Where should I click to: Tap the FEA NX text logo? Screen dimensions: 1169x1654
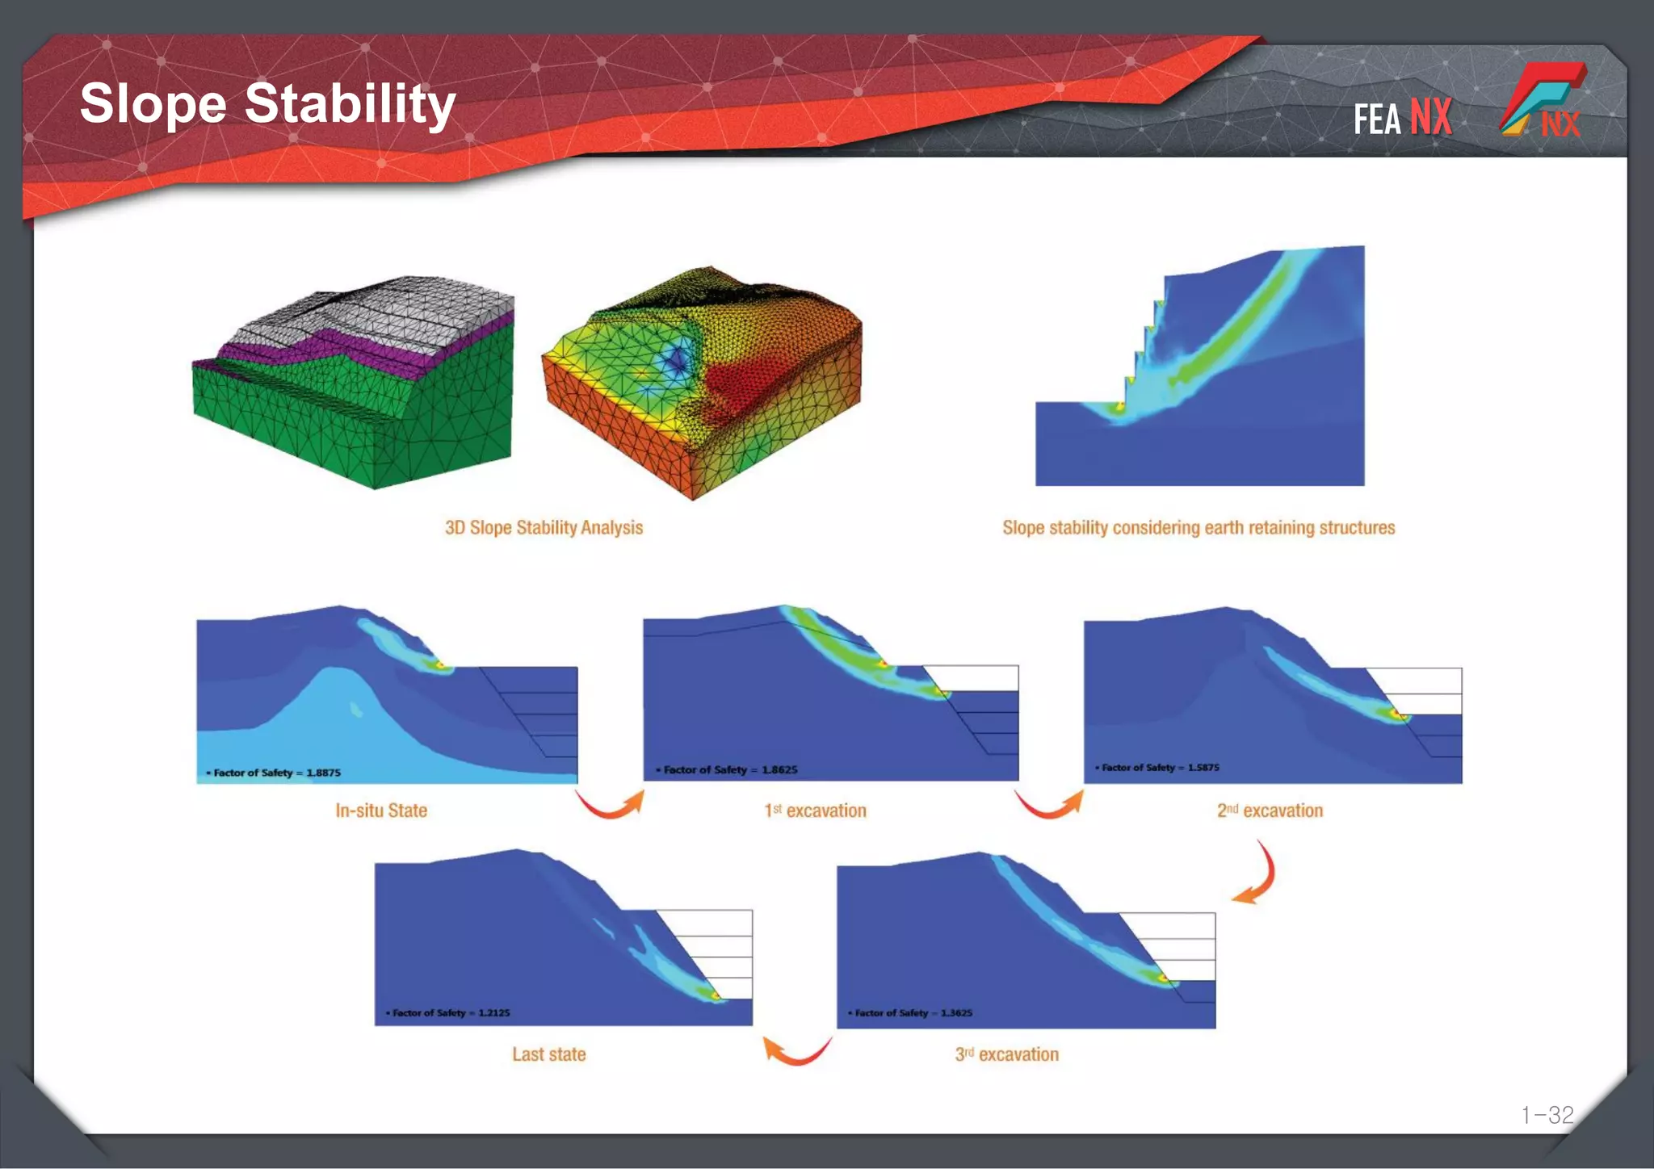[x=1402, y=119]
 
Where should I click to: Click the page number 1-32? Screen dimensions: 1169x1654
[x=1547, y=1115]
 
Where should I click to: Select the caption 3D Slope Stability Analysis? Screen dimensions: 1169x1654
[x=544, y=528]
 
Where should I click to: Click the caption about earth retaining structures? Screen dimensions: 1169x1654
[x=1199, y=528]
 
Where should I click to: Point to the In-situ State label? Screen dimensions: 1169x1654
[x=381, y=811]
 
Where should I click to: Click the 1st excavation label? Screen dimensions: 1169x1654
[x=815, y=811]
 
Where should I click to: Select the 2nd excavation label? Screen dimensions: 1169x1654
[x=1270, y=811]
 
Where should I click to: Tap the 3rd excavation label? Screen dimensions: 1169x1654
[x=1006, y=1054]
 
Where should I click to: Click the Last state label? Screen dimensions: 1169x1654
[x=549, y=1054]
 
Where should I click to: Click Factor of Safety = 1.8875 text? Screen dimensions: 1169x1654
[x=275, y=773]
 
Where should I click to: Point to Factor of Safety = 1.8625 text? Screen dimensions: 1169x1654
[x=728, y=769]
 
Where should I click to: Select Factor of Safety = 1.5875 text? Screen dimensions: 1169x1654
[x=1158, y=767]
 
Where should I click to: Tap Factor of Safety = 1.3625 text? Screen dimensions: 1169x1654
[x=911, y=1012]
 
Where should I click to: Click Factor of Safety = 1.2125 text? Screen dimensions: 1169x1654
[x=449, y=1012]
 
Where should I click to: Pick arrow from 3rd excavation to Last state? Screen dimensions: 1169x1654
[x=796, y=1050]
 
